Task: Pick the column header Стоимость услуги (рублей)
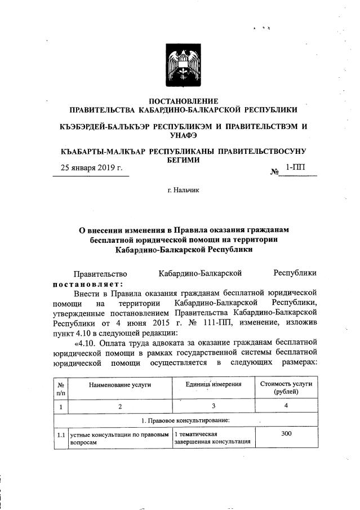(286, 388)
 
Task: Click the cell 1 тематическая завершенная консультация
(214, 438)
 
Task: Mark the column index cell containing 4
(286, 406)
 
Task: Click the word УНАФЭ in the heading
(184, 135)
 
